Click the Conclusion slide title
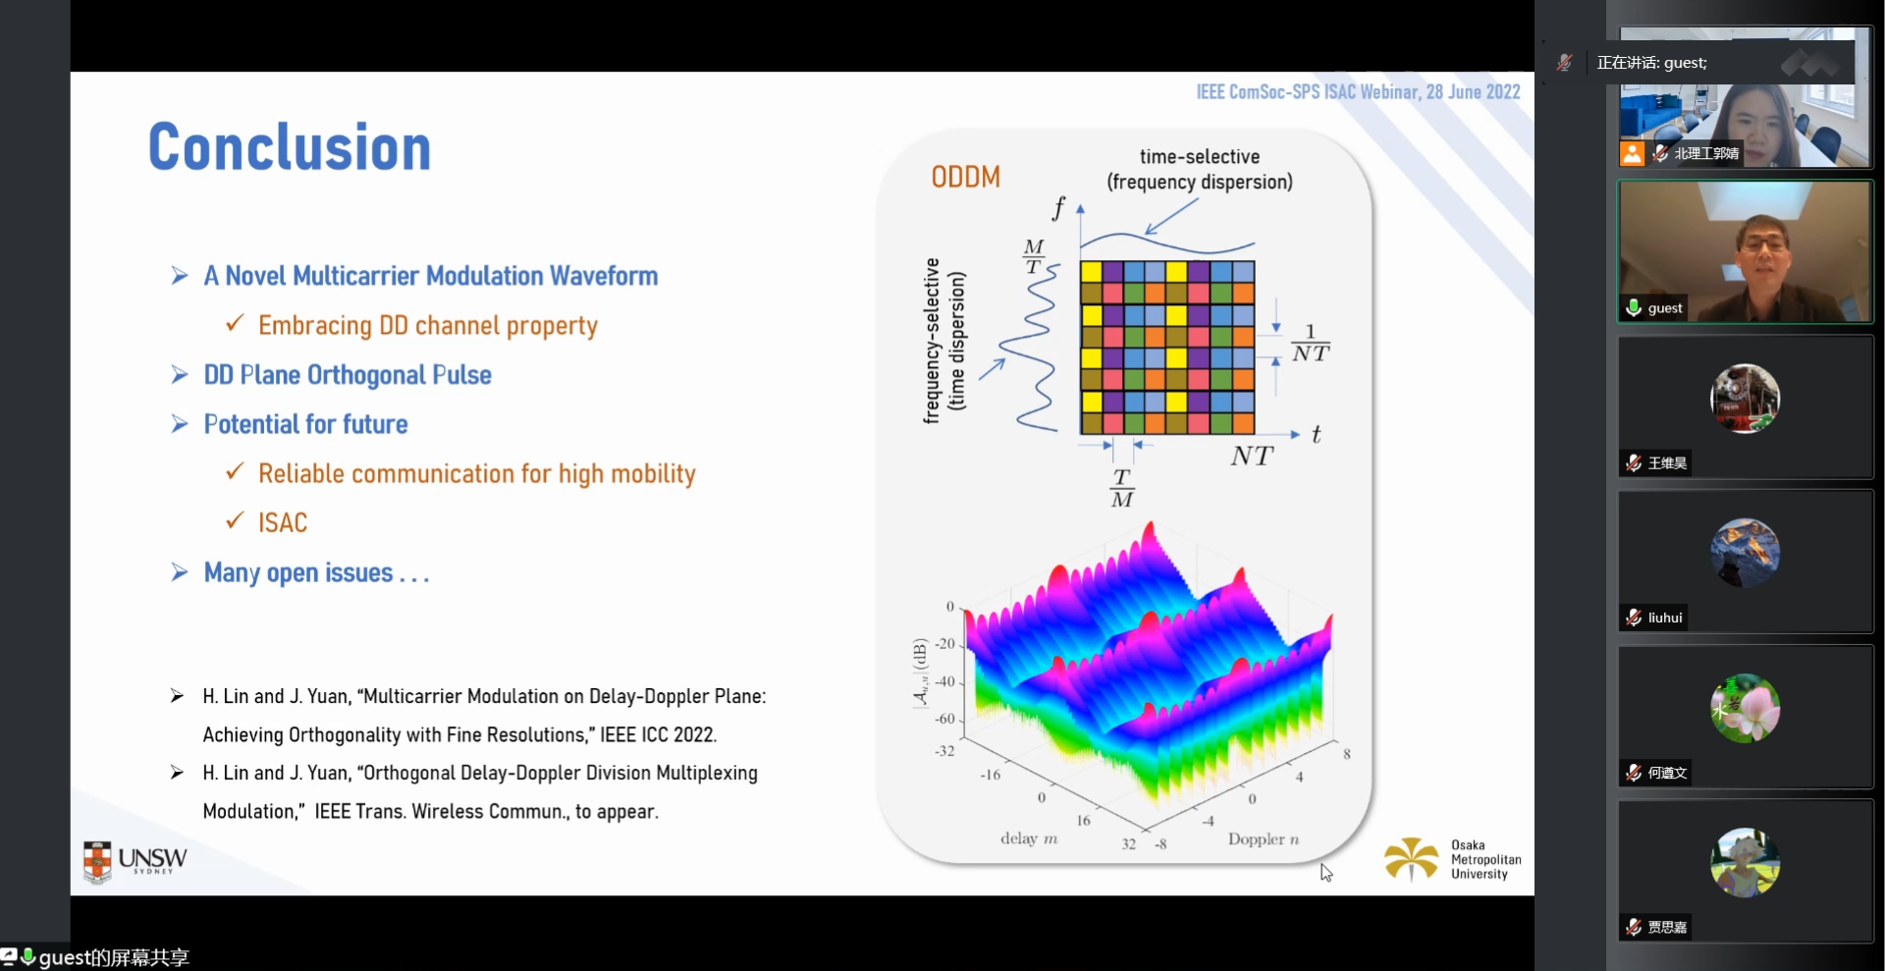click(x=290, y=147)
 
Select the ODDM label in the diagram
click(x=965, y=177)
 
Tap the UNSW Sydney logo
click(x=135, y=861)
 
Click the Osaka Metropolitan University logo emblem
click(x=1411, y=858)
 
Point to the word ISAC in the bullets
click(x=283, y=523)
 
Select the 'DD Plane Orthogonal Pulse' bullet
click(x=347, y=375)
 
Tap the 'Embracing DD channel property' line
click(x=427, y=326)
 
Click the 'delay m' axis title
click(x=1029, y=838)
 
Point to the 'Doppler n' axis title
click(x=1263, y=839)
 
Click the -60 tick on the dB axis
click(x=944, y=719)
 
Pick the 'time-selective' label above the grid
click(x=1199, y=157)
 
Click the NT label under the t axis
click(x=1251, y=457)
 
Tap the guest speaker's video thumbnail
click(x=1745, y=251)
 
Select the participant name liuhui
click(x=1665, y=618)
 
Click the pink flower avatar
click(x=1745, y=708)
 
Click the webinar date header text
click(x=1357, y=92)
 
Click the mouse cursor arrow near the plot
click(x=1325, y=872)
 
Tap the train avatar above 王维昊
click(x=1745, y=399)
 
